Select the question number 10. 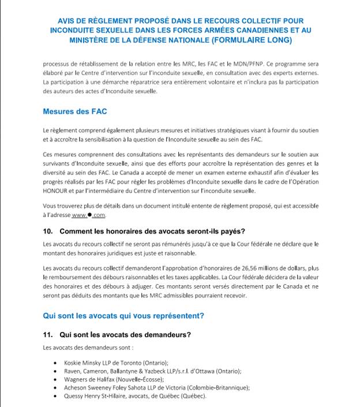tap(48, 231)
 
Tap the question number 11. tap(48, 334)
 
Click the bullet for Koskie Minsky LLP tap(54, 363)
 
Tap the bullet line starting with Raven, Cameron tap(152, 371)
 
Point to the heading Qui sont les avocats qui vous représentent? tap(123, 316)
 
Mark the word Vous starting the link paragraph tap(50, 206)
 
